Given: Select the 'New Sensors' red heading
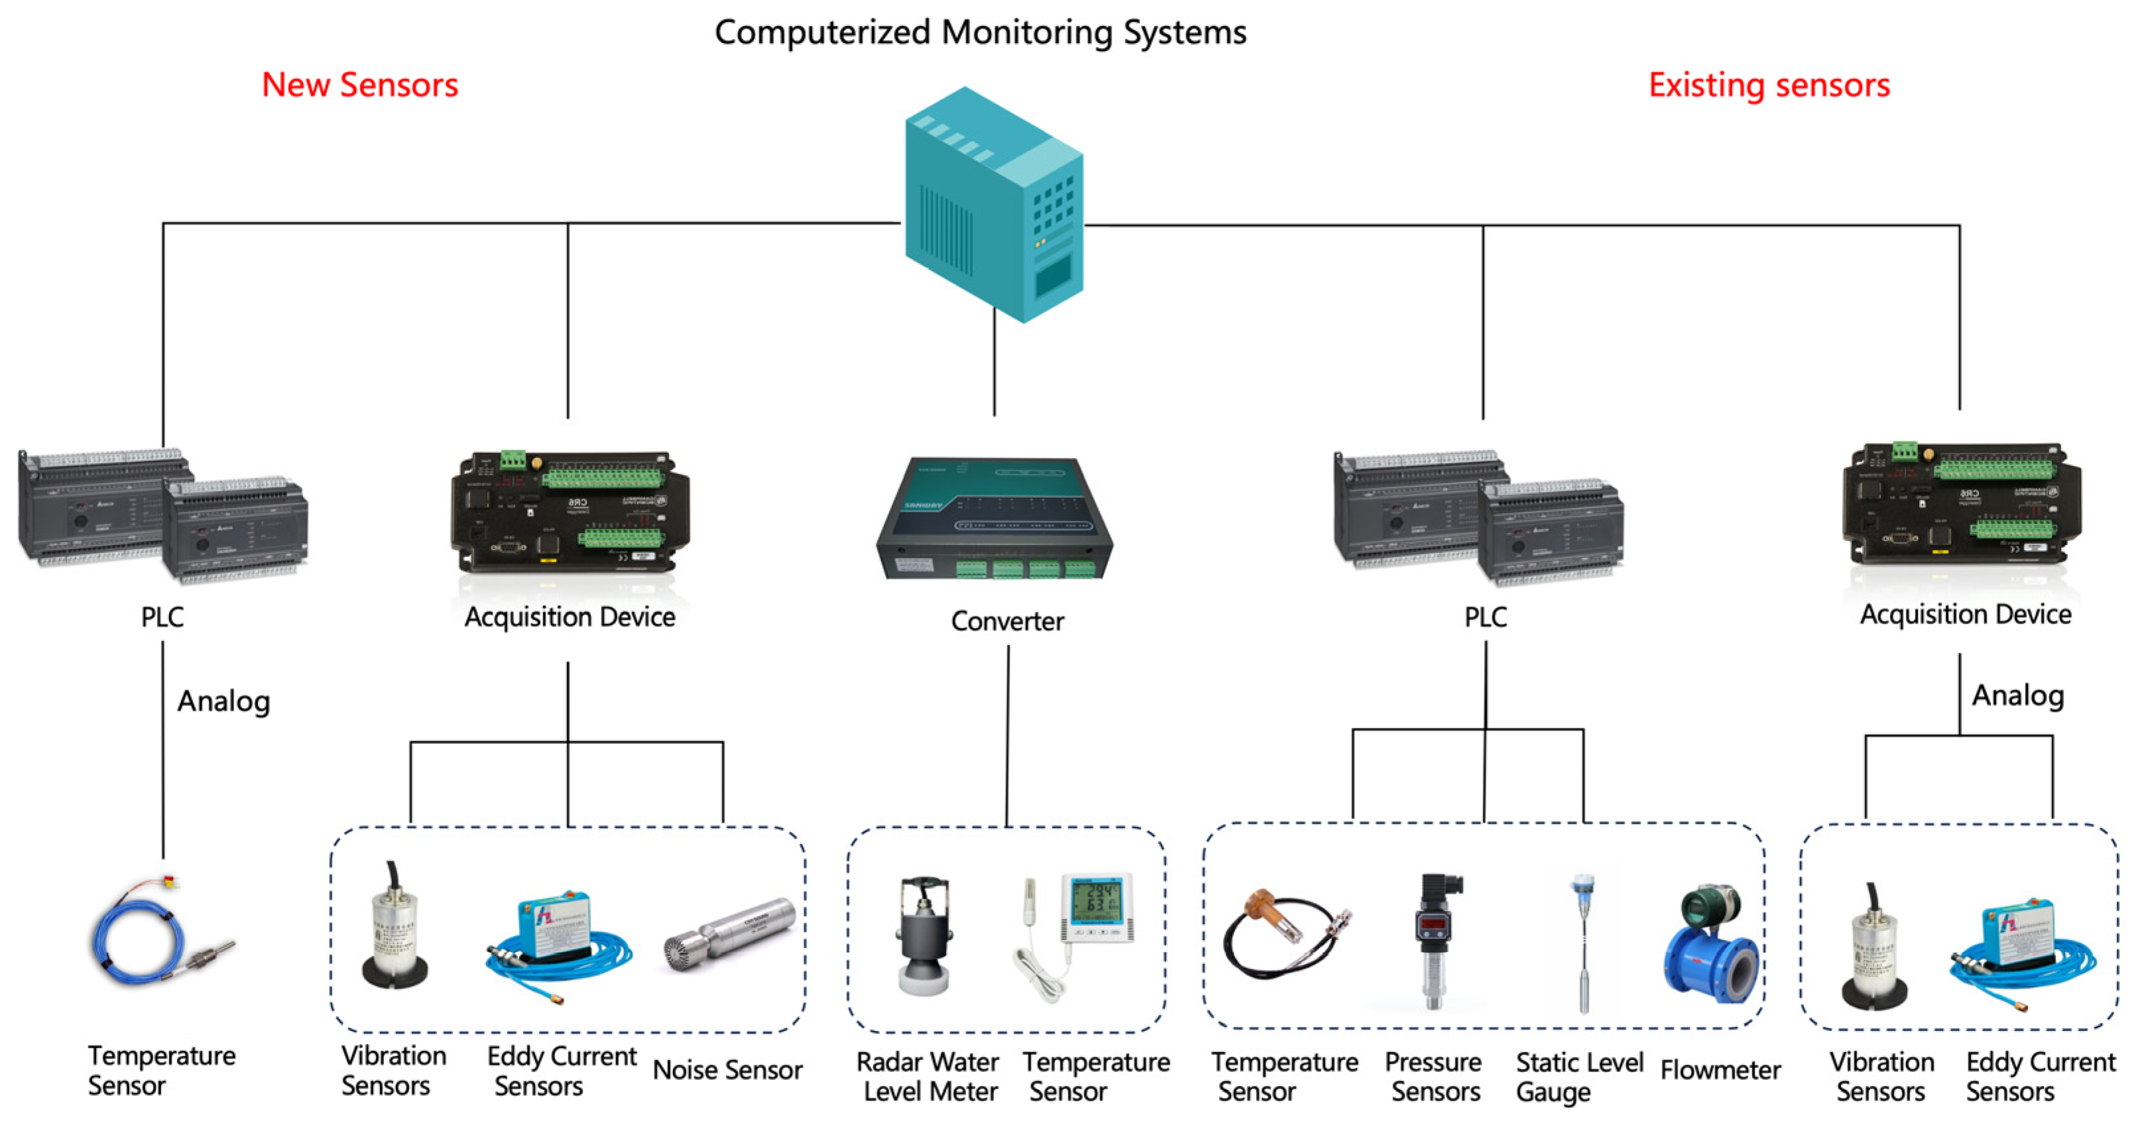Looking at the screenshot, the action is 359,85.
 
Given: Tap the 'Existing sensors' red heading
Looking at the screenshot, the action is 1769,85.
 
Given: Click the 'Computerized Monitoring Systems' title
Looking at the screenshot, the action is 980,32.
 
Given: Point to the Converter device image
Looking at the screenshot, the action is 995,516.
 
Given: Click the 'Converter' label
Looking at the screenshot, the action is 1007,621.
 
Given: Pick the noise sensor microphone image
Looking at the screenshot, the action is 729,933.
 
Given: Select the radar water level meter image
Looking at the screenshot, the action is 923,933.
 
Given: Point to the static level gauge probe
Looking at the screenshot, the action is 1582,943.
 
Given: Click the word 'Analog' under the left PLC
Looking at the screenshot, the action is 223,702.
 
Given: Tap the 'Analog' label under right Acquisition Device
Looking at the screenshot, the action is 2018,696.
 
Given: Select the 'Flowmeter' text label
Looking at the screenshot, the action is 1720,1070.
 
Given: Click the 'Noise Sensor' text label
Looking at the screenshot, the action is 727,1070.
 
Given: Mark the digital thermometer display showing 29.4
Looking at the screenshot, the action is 1097,907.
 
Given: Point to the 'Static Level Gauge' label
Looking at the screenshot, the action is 1579,1077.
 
